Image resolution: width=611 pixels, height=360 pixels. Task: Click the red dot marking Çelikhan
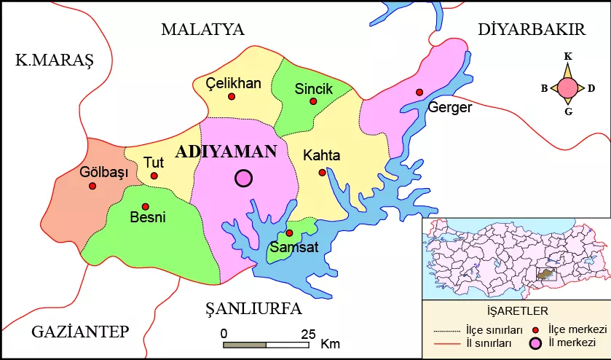coord(232,96)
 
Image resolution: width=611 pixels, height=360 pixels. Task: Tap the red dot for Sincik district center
coord(313,101)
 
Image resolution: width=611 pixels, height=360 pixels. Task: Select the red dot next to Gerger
coord(419,92)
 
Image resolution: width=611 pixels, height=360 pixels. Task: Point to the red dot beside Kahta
coord(322,173)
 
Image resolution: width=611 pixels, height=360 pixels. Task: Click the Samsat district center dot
coord(289,233)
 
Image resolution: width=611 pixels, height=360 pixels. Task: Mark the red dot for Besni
coord(146,206)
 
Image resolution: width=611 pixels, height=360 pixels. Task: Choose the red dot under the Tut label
coord(154,176)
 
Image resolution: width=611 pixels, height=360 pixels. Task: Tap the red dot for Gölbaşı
coord(92,186)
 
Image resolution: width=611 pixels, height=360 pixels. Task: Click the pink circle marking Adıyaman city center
coord(243,178)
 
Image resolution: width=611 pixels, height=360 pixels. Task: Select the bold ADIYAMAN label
coord(226,152)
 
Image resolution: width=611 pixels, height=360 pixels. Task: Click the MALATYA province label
coord(202,30)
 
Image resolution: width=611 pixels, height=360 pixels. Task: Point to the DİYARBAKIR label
coord(532,30)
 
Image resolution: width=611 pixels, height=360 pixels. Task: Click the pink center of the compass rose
coord(569,88)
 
